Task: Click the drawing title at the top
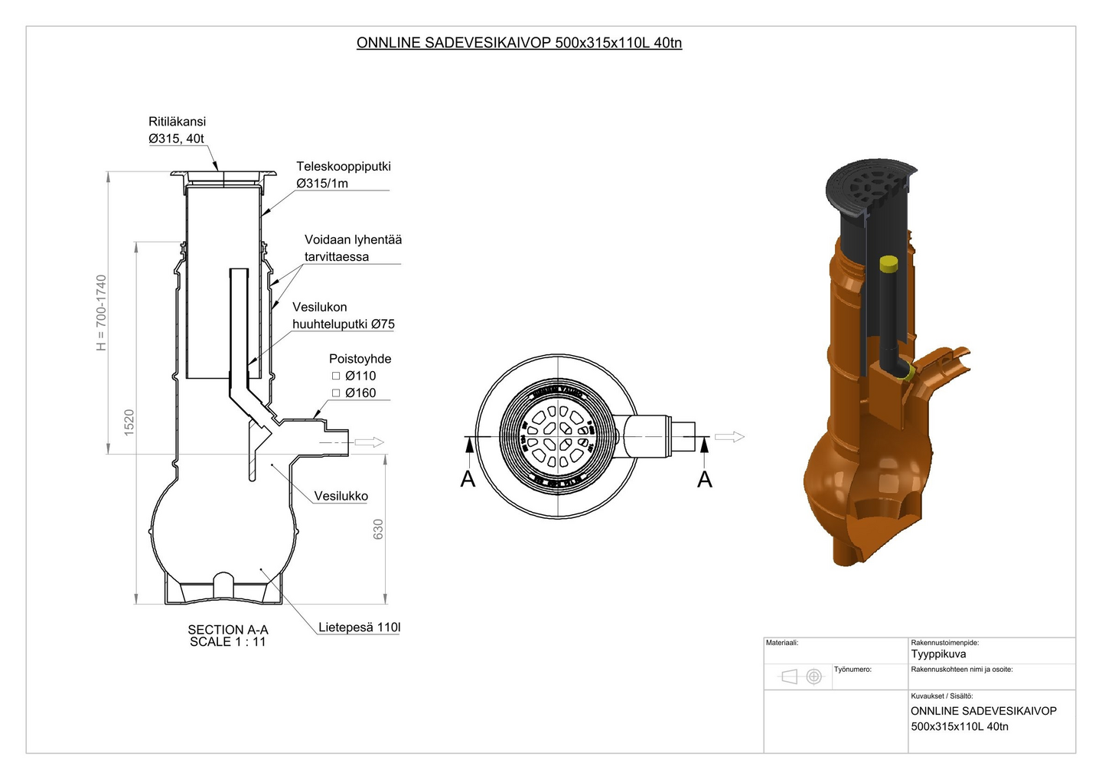pyautogui.click(x=519, y=43)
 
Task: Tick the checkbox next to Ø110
pyautogui.click(x=336, y=376)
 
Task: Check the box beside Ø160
pyautogui.click(x=336, y=393)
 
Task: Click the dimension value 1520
pyautogui.click(x=129, y=423)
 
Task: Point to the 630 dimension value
pyautogui.click(x=378, y=530)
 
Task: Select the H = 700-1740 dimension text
pyautogui.click(x=101, y=313)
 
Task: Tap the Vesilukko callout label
pyautogui.click(x=341, y=496)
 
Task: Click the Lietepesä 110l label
pyautogui.click(x=359, y=627)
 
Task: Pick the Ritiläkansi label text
pyautogui.click(x=177, y=121)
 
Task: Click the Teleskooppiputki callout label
pyautogui.click(x=344, y=166)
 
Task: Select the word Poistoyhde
pyautogui.click(x=360, y=358)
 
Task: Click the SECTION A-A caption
pyautogui.click(x=228, y=630)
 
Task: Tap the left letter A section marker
pyautogui.click(x=468, y=480)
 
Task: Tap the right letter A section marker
pyautogui.click(x=705, y=480)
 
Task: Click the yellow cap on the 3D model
pyautogui.click(x=888, y=264)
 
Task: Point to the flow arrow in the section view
pyautogui.click(x=370, y=442)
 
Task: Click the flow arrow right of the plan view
pyautogui.click(x=729, y=437)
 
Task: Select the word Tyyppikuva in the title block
pyautogui.click(x=938, y=654)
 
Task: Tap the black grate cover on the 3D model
pyautogui.click(x=870, y=187)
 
